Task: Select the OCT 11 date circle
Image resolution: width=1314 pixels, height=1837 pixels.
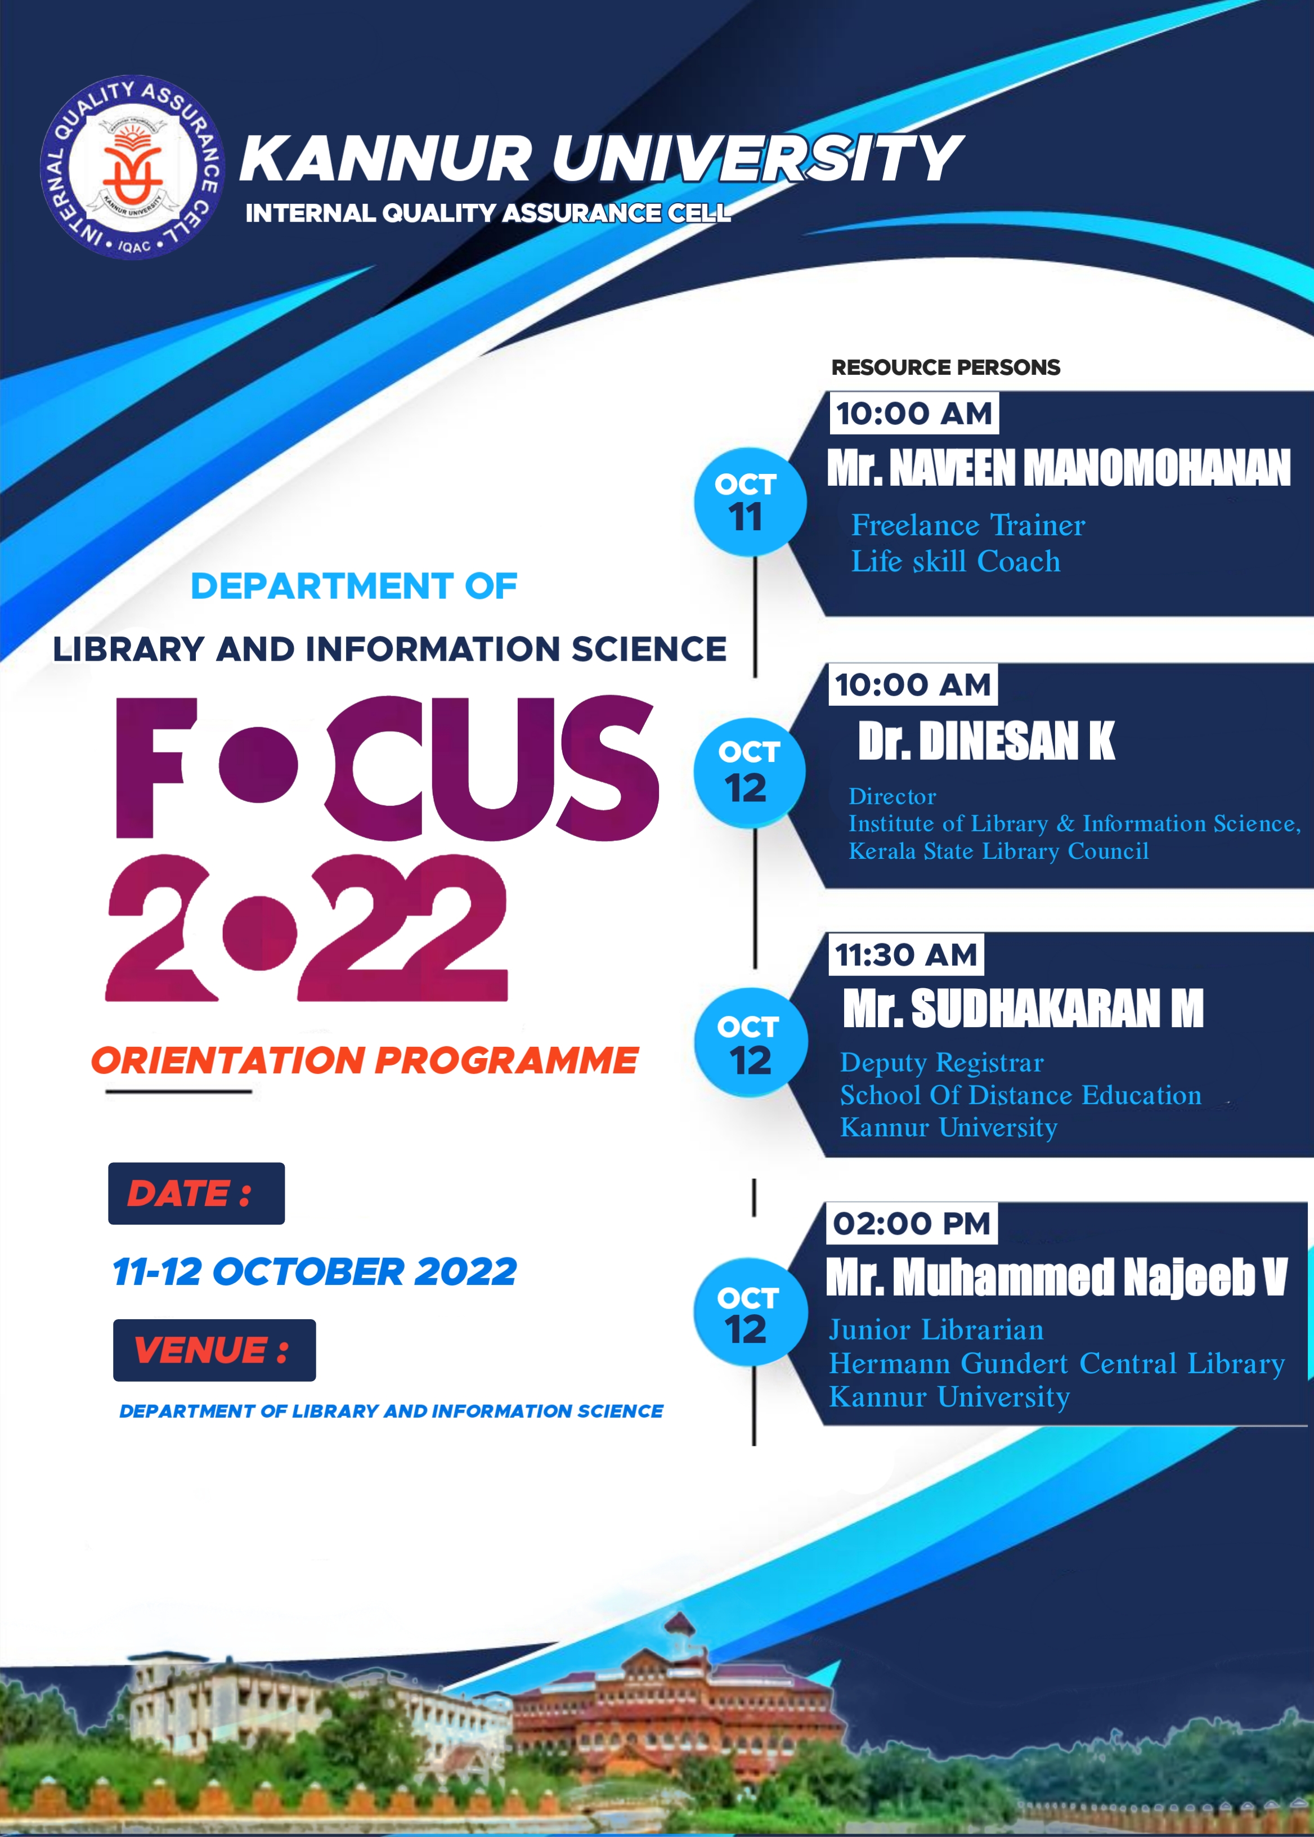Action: [x=750, y=501]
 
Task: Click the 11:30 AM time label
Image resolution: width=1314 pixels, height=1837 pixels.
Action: [x=906, y=955]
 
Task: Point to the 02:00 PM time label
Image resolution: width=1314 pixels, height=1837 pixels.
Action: [x=912, y=1224]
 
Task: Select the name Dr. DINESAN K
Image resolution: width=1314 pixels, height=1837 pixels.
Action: [x=986, y=741]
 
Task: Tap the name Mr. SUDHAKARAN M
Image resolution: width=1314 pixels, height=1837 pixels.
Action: [x=1024, y=1009]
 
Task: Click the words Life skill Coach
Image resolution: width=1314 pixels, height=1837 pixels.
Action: [x=956, y=562]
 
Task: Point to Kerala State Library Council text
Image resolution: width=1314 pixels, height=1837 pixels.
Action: [x=998, y=852]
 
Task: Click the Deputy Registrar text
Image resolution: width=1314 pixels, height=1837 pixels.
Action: [x=943, y=1063]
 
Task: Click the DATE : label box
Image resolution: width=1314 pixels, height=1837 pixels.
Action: [x=196, y=1194]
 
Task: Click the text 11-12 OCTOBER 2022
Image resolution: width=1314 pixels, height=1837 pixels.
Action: [x=315, y=1272]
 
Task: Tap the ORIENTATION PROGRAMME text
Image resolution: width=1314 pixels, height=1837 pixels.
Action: [x=365, y=1061]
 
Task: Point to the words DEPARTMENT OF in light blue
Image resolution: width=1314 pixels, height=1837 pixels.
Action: [x=353, y=586]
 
